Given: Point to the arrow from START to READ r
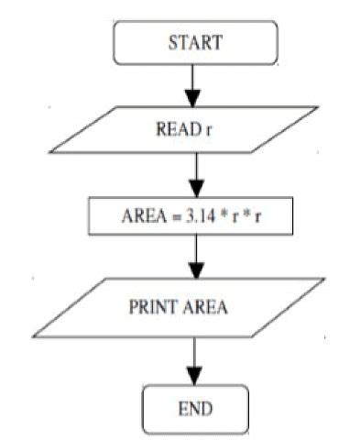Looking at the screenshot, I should [x=191, y=84].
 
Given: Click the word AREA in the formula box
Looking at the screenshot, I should [x=143, y=218].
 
